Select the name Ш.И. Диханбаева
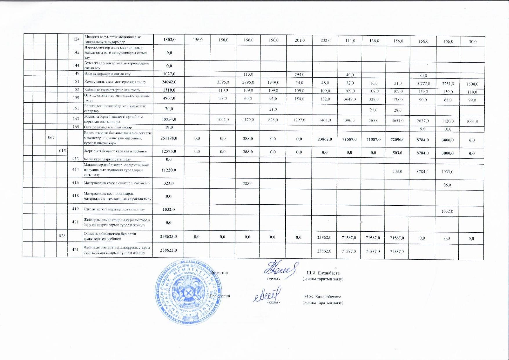(323, 273)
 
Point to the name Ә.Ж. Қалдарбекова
(323, 297)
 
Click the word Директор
(219, 273)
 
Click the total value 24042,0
(168, 82)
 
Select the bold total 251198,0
(168, 138)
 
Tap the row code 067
(51, 137)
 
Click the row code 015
(62, 150)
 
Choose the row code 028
(62, 236)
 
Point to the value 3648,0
(350, 99)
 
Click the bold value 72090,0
(398, 139)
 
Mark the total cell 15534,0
(168, 119)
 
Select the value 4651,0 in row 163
(398, 120)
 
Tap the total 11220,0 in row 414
(168, 170)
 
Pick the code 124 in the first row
(76, 39)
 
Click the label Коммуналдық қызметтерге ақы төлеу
(115, 82)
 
